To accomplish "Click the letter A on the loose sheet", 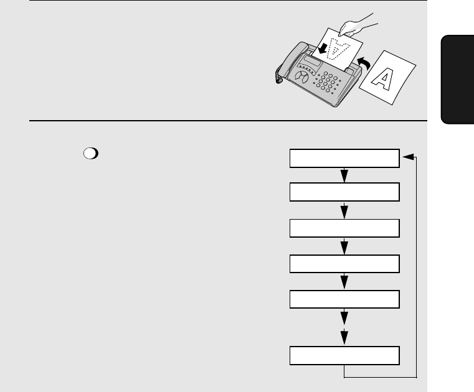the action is tap(383, 78).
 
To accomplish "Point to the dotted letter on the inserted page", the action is tap(339, 49).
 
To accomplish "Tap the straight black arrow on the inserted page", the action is tap(323, 49).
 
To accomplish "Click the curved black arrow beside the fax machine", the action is tap(364, 63).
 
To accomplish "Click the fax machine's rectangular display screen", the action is tap(313, 62).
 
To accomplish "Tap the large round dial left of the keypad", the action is tap(301, 77).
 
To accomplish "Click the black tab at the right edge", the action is tap(457, 80).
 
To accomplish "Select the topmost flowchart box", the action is tap(344, 158).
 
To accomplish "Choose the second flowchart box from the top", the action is tap(344, 192).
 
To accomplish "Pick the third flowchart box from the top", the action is tap(344, 228).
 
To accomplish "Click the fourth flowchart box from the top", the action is tap(344, 264).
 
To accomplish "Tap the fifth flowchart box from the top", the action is tap(344, 299).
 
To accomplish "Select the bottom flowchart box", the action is tap(344, 356).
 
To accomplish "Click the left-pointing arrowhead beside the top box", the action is tap(409, 157).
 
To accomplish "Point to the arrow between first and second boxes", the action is tap(344, 175).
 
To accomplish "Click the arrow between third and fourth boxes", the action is tap(344, 246).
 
